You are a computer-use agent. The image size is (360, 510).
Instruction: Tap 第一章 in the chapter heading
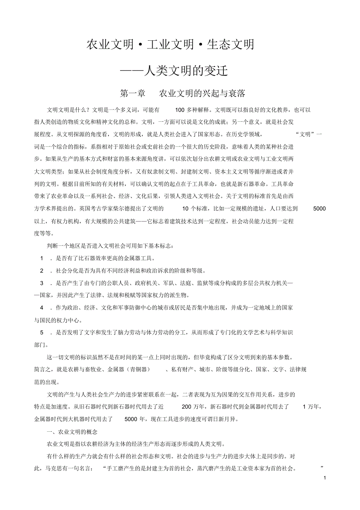pyautogui.click(x=133, y=94)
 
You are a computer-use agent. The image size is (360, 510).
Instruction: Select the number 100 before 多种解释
pyautogui.click(x=180, y=110)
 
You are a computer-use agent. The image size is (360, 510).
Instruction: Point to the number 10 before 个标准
pyautogui.click(x=186, y=209)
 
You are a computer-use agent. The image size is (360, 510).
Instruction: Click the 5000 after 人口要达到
pyautogui.click(x=319, y=209)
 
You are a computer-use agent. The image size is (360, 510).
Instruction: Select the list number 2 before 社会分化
pyautogui.click(x=41, y=271)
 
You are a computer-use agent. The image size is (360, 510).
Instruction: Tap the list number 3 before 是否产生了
pyautogui.click(x=41, y=283)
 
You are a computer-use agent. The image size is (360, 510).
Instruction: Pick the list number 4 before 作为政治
pyautogui.click(x=41, y=308)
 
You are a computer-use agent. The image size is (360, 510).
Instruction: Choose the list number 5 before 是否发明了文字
pyautogui.click(x=41, y=333)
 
